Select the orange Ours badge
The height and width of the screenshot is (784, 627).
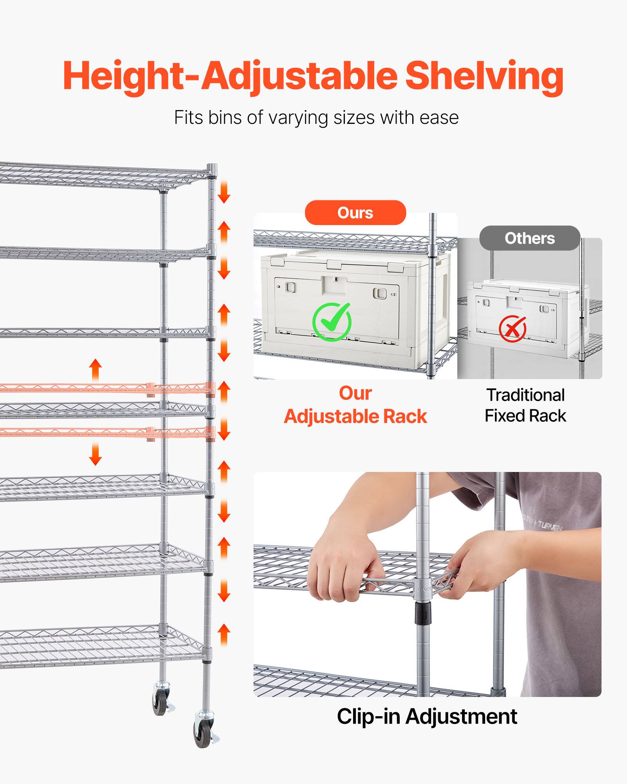(x=355, y=213)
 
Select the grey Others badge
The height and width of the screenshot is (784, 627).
(x=529, y=238)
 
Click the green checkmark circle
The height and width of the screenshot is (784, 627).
(x=332, y=322)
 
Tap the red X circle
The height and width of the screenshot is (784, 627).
(x=512, y=328)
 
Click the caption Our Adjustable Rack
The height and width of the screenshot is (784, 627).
(x=355, y=405)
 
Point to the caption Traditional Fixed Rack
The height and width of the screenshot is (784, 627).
(x=525, y=405)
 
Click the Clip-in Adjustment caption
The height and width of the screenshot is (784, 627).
(x=427, y=717)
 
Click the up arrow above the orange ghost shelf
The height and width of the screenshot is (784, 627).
(x=95, y=369)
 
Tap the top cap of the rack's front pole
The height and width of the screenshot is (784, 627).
(x=212, y=168)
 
